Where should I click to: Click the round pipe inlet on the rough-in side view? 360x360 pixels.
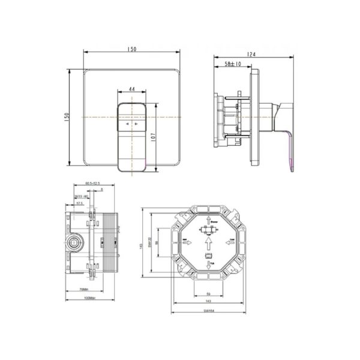(x=74, y=244)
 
